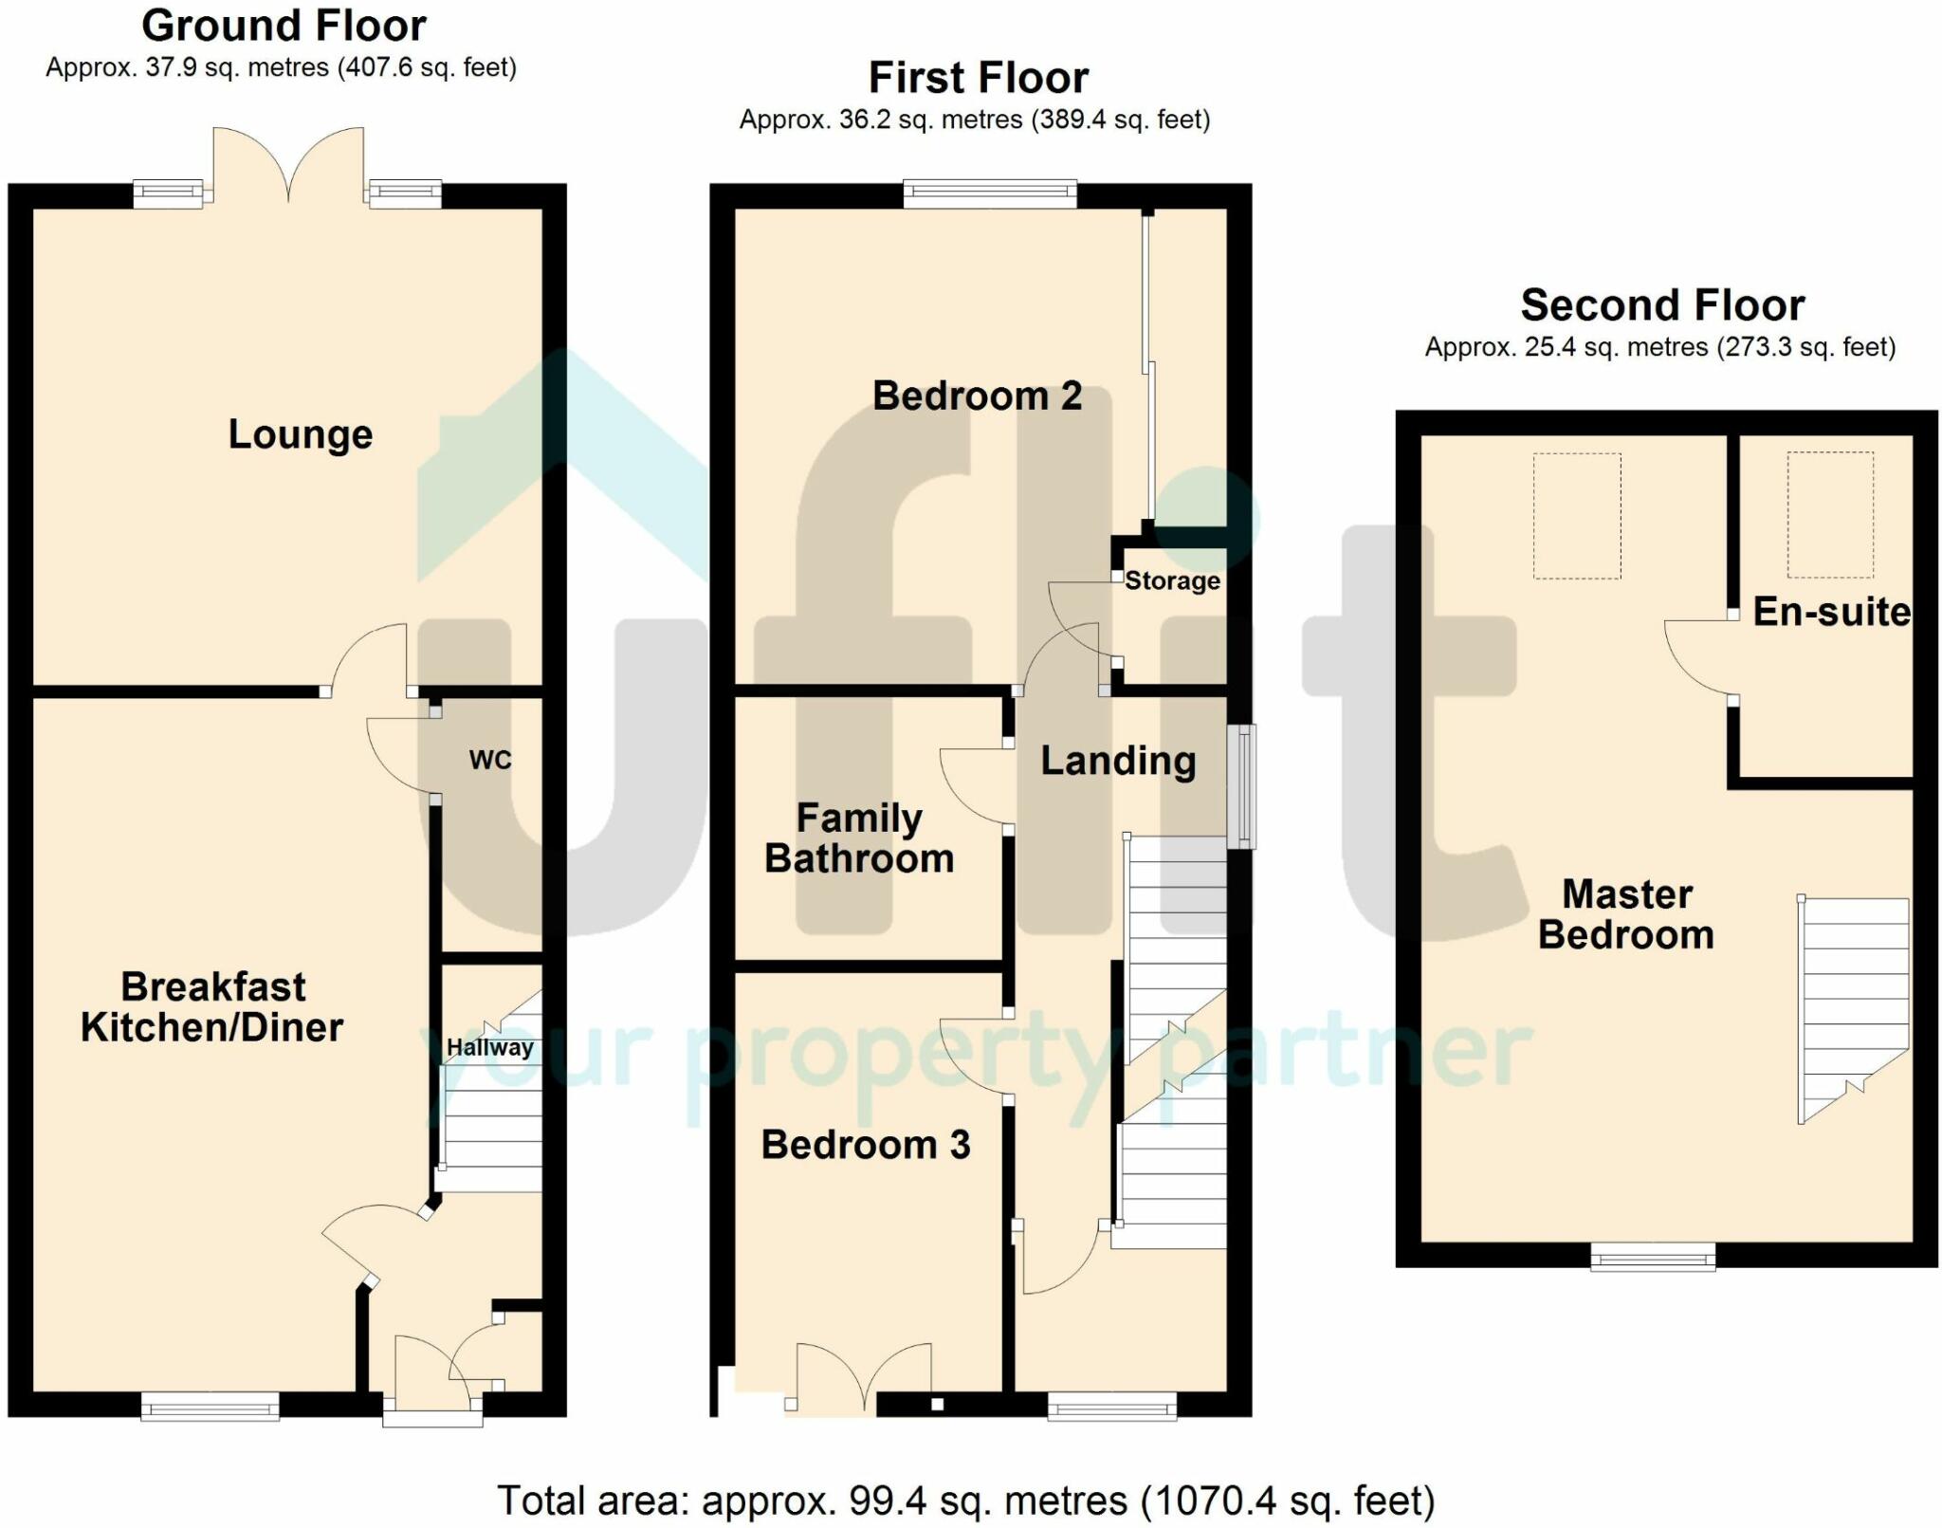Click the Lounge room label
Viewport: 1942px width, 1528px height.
301,435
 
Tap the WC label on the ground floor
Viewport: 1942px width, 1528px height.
490,760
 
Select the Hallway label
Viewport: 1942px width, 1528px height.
490,1048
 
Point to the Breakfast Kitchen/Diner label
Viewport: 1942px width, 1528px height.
212,1007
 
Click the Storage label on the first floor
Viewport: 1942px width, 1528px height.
1173,580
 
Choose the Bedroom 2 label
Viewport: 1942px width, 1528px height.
978,396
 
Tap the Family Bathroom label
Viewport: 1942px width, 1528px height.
859,838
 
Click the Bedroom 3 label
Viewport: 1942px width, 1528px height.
866,1145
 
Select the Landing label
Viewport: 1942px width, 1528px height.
1119,762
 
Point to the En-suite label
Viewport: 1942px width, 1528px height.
1832,612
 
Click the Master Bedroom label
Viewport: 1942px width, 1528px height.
1626,914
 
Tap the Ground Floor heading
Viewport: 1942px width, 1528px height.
284,26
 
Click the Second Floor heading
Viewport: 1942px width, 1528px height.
1663,305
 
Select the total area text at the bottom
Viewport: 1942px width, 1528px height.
966,1501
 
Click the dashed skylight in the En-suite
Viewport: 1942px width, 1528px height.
1830,515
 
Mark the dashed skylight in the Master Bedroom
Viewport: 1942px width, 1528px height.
1578,516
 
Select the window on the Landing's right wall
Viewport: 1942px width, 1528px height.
1241,786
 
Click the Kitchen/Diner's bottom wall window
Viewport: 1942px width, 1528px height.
211,1406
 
